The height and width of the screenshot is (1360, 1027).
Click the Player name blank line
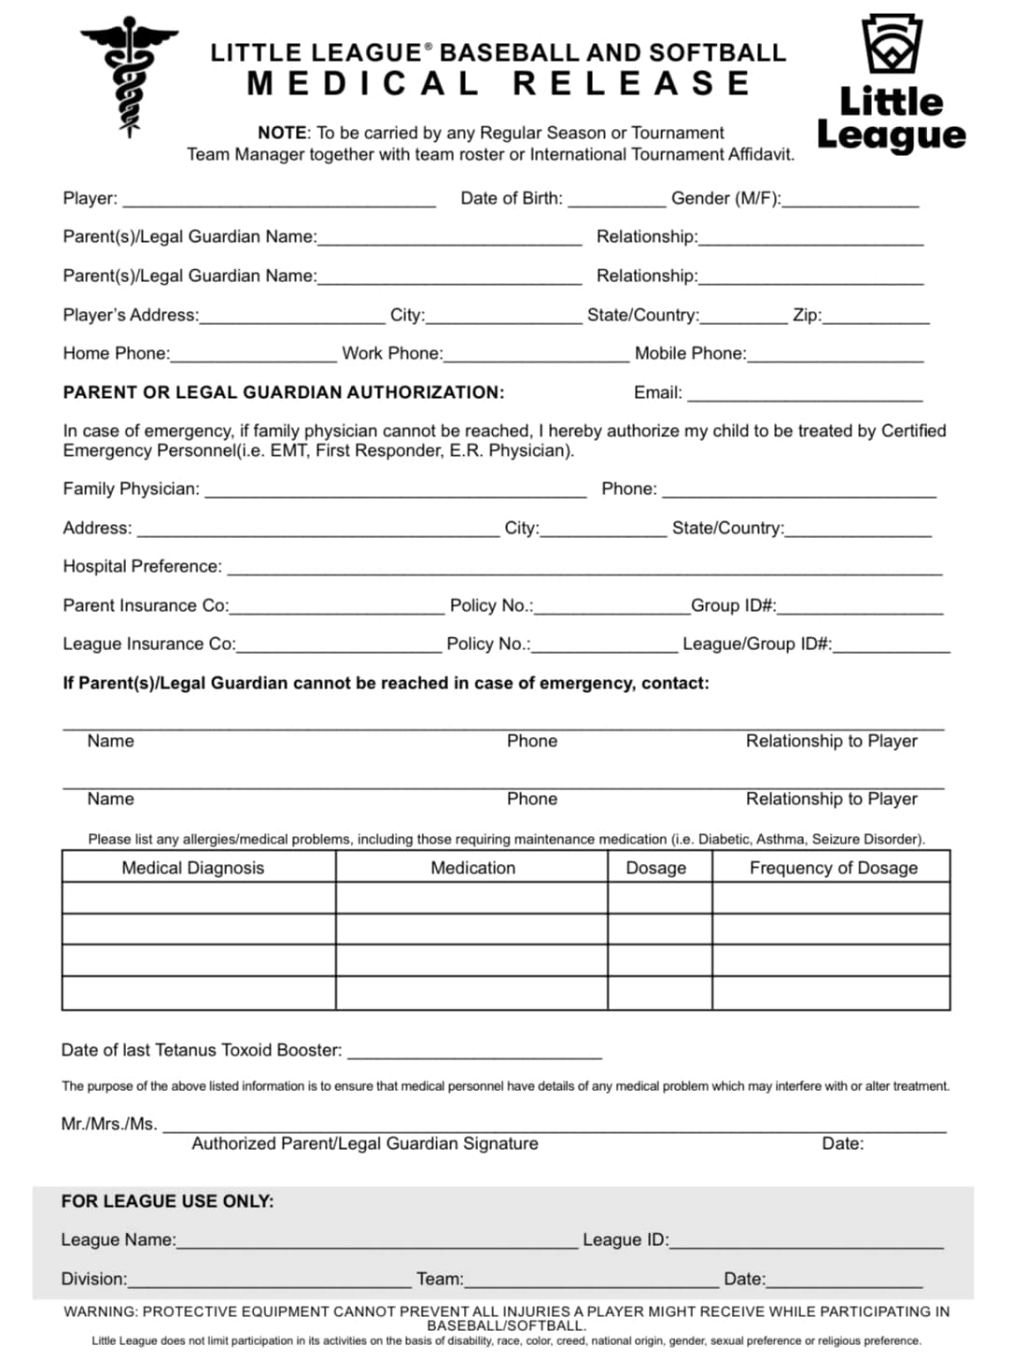pos(279,200)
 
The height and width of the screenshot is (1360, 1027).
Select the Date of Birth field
pos(616,200)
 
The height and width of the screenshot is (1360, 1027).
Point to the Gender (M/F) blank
pos(851,200)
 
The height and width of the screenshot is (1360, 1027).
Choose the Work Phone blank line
pos(537,355)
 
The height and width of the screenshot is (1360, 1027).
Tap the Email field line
pos(805,394)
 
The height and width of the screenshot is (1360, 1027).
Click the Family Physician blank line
pos(395,490)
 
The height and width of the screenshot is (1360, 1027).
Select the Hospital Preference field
pos(584,568)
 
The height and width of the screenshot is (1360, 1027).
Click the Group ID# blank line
pos(860,607)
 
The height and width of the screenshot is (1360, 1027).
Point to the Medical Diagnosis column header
pos(193,868)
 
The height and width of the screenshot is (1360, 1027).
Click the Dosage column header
pos(655,868)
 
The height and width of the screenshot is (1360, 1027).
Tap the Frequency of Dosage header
pos(833,868)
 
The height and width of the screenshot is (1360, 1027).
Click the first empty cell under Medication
pos(471,898)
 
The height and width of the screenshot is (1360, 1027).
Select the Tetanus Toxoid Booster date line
pos(474,1052)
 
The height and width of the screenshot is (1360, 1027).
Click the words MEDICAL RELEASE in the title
pos(499,83)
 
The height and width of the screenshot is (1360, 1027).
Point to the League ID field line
pos(807,1241)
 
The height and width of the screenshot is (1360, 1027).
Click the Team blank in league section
pos(591,1281)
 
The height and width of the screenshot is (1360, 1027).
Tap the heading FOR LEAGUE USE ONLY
pos(167,1201)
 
